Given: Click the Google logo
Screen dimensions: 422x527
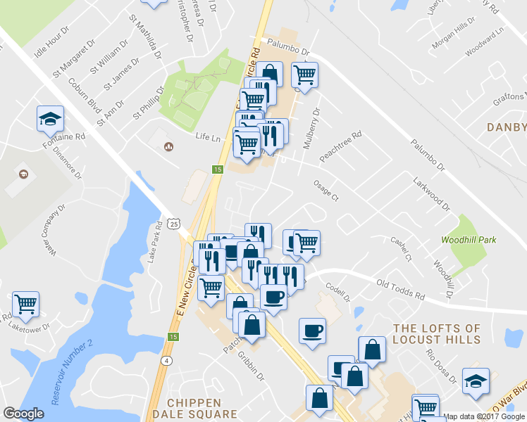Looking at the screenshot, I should pos(23,414).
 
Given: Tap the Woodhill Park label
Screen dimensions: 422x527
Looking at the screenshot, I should pos(469,240).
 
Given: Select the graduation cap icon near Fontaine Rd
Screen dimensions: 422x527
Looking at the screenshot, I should pos(50,118).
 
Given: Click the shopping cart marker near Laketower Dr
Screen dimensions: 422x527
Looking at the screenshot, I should pos(25,304).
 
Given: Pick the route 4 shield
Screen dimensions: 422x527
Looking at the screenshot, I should pos(166,361).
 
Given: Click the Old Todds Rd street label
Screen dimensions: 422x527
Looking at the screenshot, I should pos(400,289).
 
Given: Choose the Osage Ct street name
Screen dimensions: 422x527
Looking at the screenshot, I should pos(325,191).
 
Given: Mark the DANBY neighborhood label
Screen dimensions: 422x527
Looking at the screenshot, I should pos(507,127).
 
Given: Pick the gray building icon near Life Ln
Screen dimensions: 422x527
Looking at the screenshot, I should pos(168,146).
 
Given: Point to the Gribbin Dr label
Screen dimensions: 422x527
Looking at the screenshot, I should pos(250,366).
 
